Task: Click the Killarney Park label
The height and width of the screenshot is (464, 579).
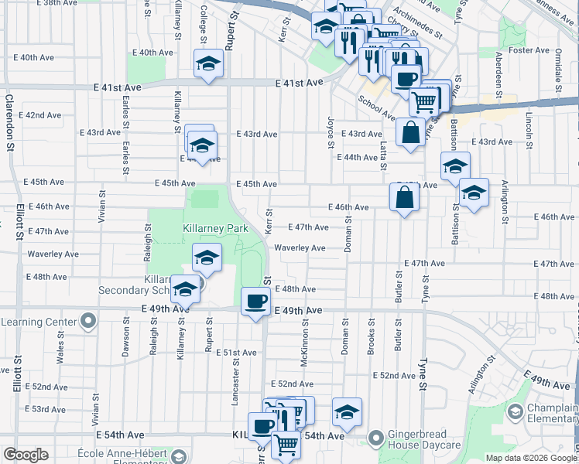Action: pyautogui.click(x=214, y=229)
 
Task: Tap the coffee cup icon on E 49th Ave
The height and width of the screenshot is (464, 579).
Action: pyautogui.click(x=255, y=302)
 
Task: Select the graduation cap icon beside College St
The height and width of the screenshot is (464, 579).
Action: pyautogui.click(x=207, y=64)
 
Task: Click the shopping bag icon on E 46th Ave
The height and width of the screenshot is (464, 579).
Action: pyautogui.click(x=405, y=198)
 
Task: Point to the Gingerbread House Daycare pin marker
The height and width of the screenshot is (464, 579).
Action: pyautogui.click(x=376, y=439)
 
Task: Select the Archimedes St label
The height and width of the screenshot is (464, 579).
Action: pyautogui.click(x=416, y=23)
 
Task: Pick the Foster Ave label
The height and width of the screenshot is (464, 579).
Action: pyautogui.click(x=529, y=50)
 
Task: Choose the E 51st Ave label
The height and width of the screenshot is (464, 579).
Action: pyautogui.click(x=238, y=353)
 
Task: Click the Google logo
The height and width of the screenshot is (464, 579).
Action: pyautogui.click(x=26, y=455)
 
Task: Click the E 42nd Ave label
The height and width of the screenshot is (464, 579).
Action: pyautogui.click(x=44, y=115)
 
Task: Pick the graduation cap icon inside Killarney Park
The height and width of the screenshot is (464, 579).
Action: pyautogui.click(x=207, y=259)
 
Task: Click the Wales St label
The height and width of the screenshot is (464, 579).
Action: pyautogui.click(x=60, y=341)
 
